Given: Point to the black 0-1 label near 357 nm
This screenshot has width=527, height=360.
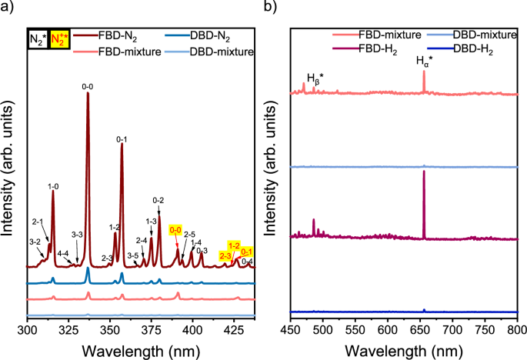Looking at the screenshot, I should [x=122, y=139].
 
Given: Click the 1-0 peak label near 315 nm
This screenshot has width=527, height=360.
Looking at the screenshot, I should [x=53, y=186].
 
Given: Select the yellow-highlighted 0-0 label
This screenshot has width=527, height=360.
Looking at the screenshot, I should [x=175, y=230].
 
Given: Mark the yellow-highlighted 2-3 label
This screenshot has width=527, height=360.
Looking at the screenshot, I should [x=225, y=255].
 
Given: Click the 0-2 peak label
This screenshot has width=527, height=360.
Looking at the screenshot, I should [x=158, y=201].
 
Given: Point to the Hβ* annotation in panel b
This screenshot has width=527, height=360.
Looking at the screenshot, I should [x=315, y=78].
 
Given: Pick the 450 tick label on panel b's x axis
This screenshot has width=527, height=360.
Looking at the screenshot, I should [x=290, y=329].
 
